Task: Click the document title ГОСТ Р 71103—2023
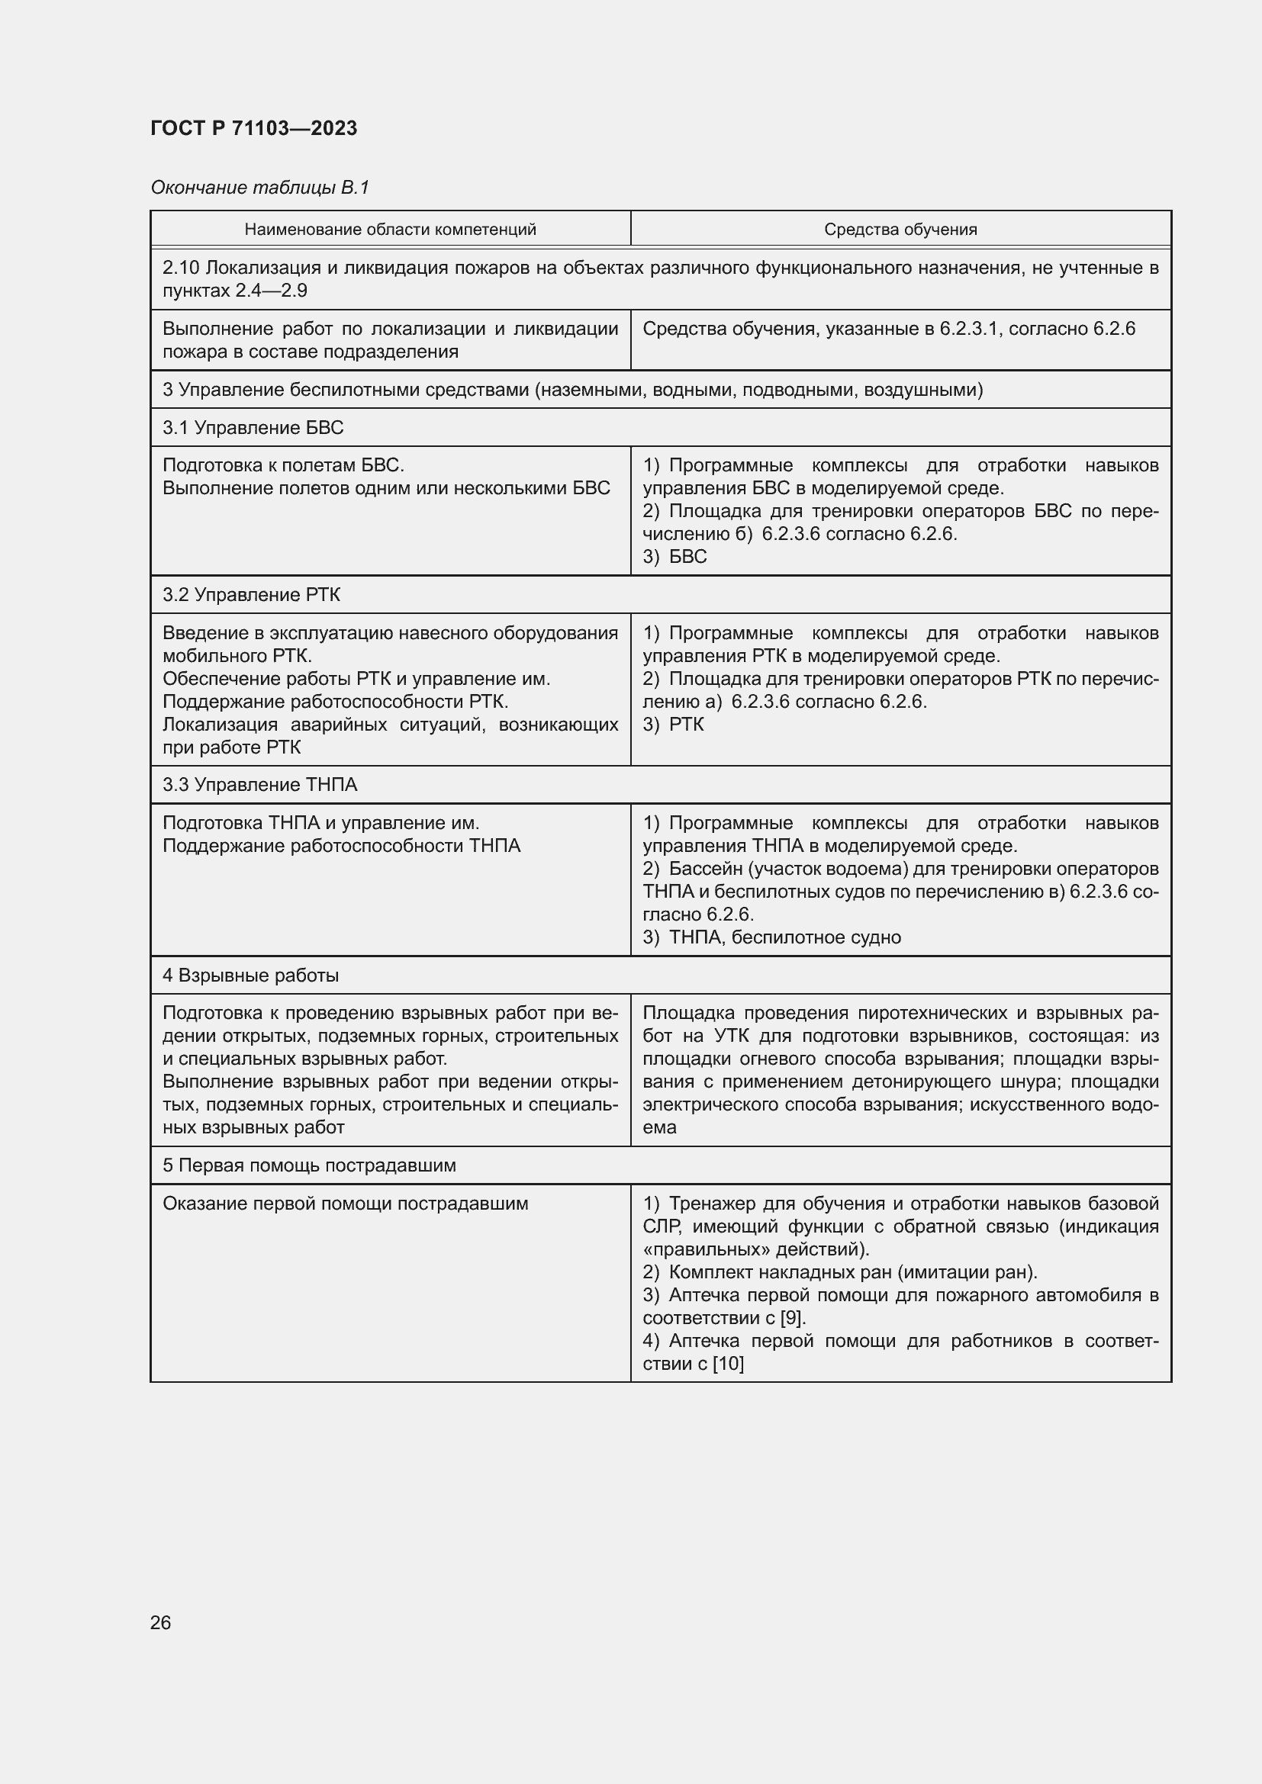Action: [253, 128]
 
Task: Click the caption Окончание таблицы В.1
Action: [259, 188]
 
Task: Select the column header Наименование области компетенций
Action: [390, 230]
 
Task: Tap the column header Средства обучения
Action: [900, 230]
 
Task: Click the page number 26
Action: [161, 1622]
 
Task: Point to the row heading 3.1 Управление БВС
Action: [253, 427]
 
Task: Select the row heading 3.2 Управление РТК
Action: [251, 594]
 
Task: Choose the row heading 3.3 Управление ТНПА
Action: [259, 785]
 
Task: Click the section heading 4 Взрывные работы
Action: [250, 976]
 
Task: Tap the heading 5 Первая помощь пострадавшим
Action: [308, 1165]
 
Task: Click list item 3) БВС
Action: [674, 556]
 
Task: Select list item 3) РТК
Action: [673, 724]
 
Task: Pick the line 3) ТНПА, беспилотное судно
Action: [771, 937]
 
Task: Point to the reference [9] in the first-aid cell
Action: [792, 1318]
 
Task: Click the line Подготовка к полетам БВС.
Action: [283, 465]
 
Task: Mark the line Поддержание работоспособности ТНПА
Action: [341, 845]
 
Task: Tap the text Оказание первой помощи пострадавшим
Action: [345, 1204]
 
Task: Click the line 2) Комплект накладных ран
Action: [839, 1272]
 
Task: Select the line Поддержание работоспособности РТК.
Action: [335, 702]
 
